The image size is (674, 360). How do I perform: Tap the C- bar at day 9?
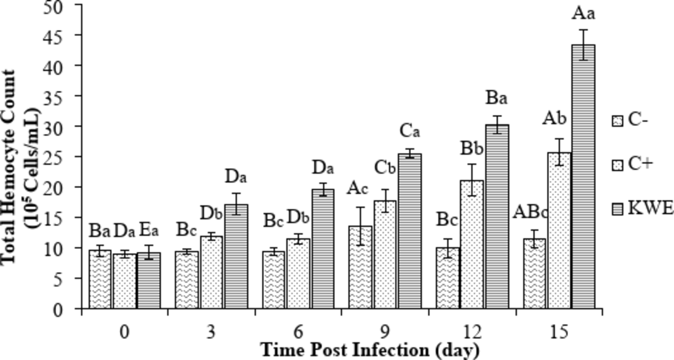click(x=360, y=268)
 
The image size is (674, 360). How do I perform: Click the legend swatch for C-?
click(x=617, y=121)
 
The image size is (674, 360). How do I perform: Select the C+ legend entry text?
click(x=640, y=164)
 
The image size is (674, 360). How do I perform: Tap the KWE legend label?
click(x=650, y=208)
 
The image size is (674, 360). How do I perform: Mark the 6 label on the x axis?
click(x=298, y=332)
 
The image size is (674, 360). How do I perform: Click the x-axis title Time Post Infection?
click(x=370, y=350)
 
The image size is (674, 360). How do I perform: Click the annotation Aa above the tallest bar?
click(x=583, y=14)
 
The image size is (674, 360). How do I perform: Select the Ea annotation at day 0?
click(x=149, y=231)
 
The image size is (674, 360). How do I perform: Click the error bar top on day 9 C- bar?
click(x=360, y=208)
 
